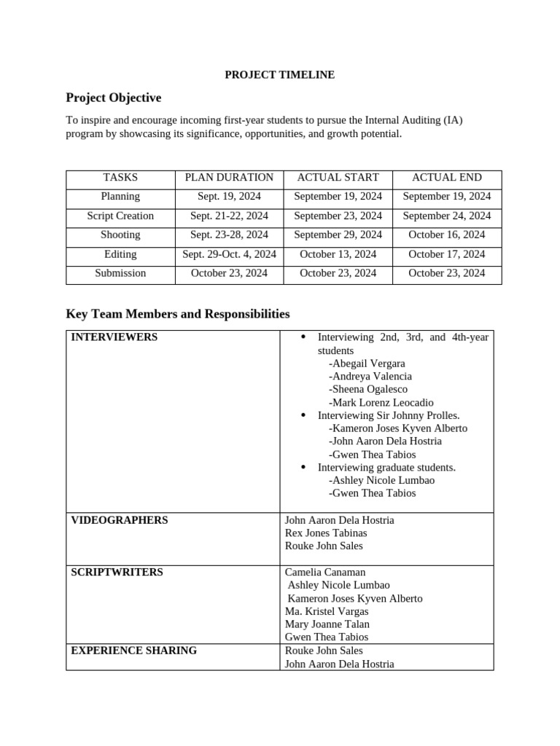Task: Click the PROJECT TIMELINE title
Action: (279, 74)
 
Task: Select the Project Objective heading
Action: (113, 98)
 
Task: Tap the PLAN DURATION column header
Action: (229, 177)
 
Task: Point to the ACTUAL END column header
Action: (446, 177)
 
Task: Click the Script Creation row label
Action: (120, 216)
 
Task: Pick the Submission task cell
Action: (120, 273)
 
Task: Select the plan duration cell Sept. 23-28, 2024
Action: (229, 235)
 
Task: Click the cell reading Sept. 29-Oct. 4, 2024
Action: (229, 254)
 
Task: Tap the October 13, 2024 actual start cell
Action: (338, 254)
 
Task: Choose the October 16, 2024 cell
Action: (446, 235)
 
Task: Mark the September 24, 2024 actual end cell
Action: (446, 216)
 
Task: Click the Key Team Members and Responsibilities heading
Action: (177, 314)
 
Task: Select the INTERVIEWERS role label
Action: (114, 337)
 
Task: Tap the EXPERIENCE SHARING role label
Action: (133, 651)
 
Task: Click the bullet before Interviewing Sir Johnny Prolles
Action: (303, 415)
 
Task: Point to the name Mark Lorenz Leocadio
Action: (381, 402)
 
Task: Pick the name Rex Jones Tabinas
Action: (326, 533)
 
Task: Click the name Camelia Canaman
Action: (325, 573)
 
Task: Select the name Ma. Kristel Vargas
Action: (327, 611)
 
